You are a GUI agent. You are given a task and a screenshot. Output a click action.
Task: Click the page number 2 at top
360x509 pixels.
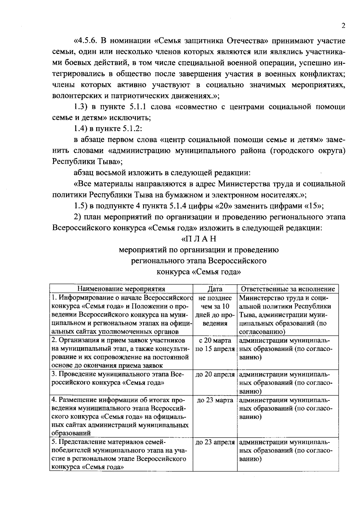(x=343, y=26)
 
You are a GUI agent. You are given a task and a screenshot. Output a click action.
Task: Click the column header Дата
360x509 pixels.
(x=215, y=289)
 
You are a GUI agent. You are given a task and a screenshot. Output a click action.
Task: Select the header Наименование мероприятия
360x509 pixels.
(x=121, y=289)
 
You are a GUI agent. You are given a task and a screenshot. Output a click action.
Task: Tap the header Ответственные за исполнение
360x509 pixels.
(x=288, y=289)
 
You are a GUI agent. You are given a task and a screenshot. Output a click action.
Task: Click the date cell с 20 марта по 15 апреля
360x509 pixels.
(x=215, y=345)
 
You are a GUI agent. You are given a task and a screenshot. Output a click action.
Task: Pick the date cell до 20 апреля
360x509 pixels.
(x=215, y=374)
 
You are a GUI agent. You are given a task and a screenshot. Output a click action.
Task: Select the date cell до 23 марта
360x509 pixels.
(x=215, y=400)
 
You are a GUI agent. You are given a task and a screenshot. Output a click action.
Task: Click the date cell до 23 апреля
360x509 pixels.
(x=215, y=442)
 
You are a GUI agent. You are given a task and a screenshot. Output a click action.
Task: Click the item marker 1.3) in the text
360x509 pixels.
(x=81, y=107)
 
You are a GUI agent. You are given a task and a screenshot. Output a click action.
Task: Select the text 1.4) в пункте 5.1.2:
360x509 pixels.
(x=108, y=129)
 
